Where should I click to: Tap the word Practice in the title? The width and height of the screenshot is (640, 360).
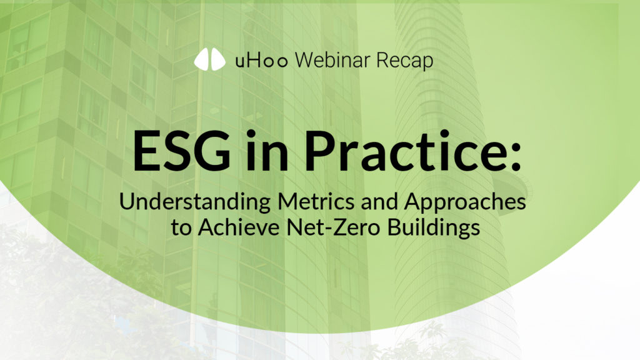click(x=390, y=152)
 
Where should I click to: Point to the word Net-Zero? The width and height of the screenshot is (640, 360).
click(x=329, y=227)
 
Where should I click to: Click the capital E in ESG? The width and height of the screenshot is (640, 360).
click(x=146, y=152)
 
